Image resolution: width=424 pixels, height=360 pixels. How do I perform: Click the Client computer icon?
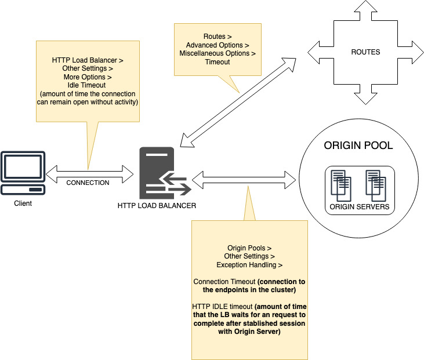23,173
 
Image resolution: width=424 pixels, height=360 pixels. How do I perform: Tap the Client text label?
23,203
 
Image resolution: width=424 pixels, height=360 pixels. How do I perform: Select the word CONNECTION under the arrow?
88,183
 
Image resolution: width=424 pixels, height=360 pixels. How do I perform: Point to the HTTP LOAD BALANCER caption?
157,205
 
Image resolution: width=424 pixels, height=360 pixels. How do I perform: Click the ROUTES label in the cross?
365,52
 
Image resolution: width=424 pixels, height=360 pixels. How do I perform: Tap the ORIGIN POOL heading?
358,146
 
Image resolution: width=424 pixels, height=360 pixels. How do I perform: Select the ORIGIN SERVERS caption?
359,206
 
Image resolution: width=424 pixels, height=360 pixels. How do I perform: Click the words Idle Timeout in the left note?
88,85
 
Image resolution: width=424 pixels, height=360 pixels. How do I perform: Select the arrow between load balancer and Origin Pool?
243,175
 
